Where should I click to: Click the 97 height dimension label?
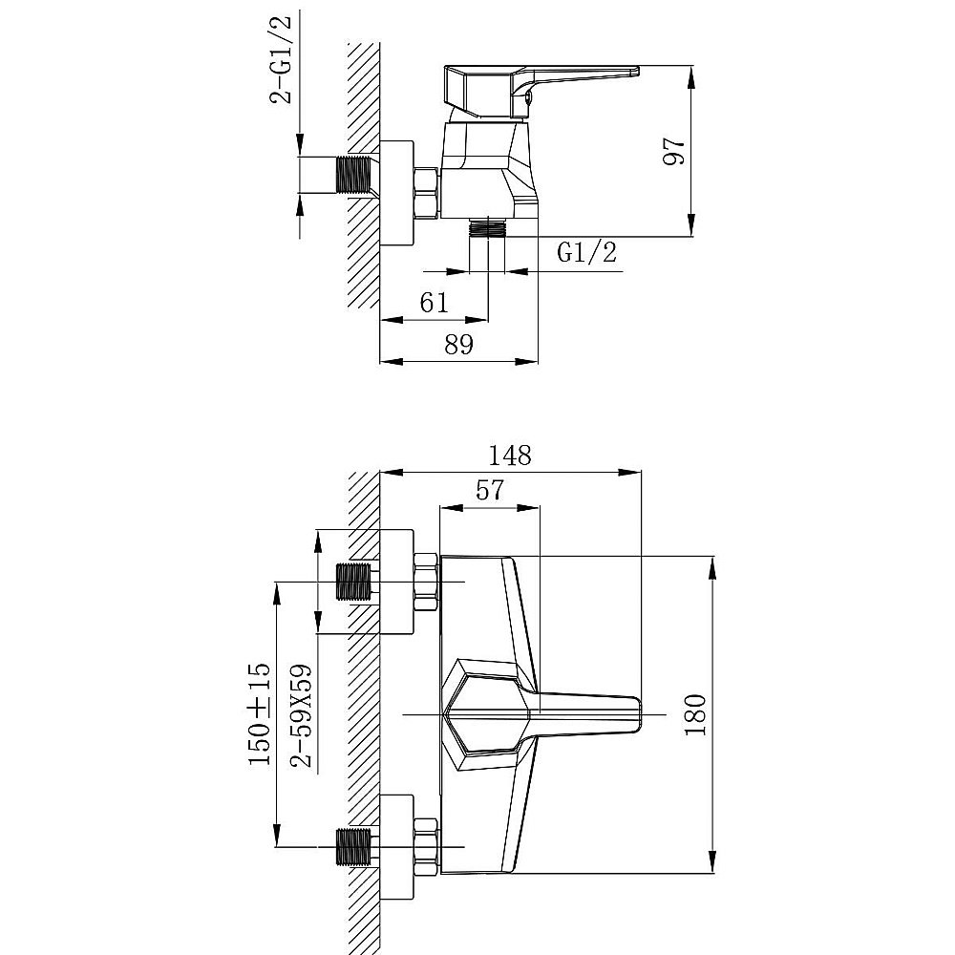(x=674, y=151)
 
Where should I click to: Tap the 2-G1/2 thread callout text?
(x=281, y=59)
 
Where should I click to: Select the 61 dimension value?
(x=434, y=303)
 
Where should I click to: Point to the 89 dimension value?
(x=458, y=345)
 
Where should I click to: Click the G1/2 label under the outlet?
(x=587, y=251)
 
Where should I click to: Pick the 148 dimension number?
(x=510, y=456)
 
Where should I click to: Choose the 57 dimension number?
(x=490, y=490)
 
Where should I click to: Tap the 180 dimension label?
(x=695, y=714)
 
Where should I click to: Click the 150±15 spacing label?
(x=258, y=713)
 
